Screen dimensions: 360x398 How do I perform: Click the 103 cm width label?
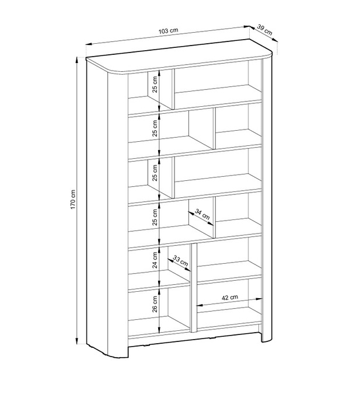coord(169,31)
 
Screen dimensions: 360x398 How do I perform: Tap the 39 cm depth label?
coord(265,30)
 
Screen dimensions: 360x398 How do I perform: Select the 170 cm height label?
coord(73,200)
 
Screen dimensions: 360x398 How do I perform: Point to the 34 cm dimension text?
coord(202,214)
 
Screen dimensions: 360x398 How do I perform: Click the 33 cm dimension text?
coord(180,261)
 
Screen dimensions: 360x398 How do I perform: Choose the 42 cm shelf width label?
coord(230,298)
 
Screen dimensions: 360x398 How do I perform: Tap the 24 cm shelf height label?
coord(155,260)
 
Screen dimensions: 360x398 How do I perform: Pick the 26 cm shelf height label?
coord(155,304)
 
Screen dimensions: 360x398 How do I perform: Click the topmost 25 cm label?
coord(155,84)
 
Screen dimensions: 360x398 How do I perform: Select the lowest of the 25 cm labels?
coord(155,217)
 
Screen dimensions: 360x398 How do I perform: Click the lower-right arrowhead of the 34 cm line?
coord(211,224)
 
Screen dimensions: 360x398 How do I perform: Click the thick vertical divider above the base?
coord(194,288)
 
